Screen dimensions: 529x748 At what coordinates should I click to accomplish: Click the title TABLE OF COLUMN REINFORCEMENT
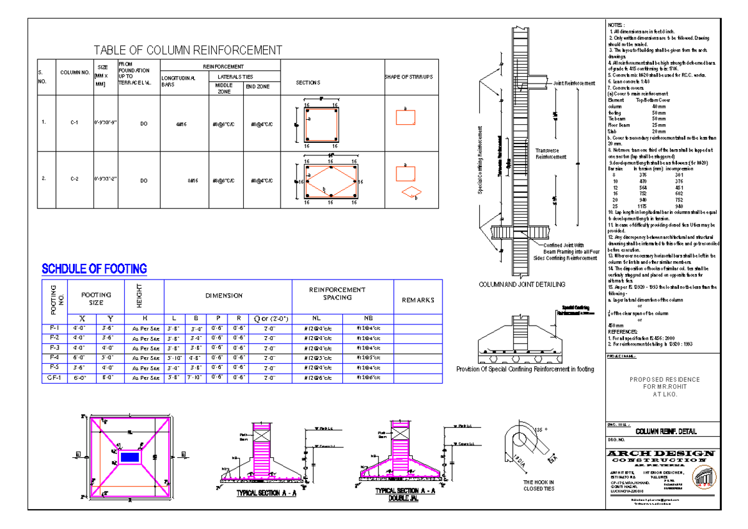188,51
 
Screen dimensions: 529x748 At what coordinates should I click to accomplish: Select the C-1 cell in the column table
74,124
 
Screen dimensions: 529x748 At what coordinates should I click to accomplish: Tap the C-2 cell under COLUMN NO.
74,180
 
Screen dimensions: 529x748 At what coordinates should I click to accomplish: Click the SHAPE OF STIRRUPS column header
409,77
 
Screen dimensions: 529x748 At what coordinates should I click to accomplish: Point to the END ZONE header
257,87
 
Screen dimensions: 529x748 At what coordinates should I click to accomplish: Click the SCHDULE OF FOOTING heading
94,269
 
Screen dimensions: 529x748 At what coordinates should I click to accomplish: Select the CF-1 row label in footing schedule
54,378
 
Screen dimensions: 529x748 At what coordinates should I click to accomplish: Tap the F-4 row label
54,357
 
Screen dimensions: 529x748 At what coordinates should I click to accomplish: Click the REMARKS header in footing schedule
418,300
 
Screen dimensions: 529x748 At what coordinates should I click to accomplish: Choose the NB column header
360,318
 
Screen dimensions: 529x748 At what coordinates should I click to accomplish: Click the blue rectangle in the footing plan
130,457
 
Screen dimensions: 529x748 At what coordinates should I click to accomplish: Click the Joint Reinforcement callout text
573,82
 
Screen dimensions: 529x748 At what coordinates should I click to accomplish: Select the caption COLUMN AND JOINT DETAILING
522,284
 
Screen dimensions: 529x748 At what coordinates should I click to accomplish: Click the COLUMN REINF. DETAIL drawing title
666,432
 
